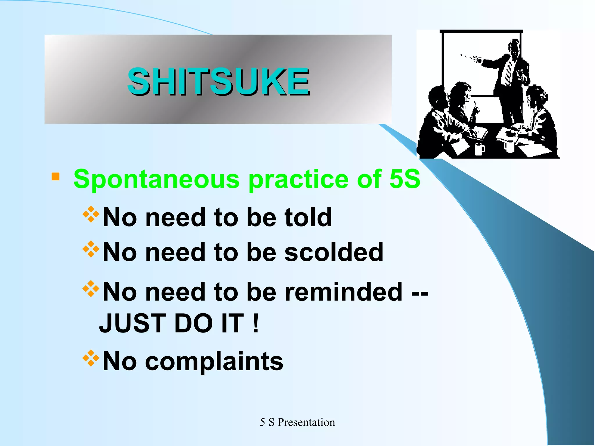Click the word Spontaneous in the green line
[x=156, y=179]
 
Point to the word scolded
[x=334, y=252]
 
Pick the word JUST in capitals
[x=132, y=323]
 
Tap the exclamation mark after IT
[x=255, y=323]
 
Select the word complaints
[x=214, y=361]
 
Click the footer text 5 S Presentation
[x=297, y=422]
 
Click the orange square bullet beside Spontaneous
[x=55, y=177]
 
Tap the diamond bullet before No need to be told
[x=91, y=214]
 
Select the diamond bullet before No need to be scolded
[x=91, y=249]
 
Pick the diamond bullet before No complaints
[x=91, y=358]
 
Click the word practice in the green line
[x=298, y=180]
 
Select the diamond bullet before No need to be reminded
[x=91, y=289]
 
